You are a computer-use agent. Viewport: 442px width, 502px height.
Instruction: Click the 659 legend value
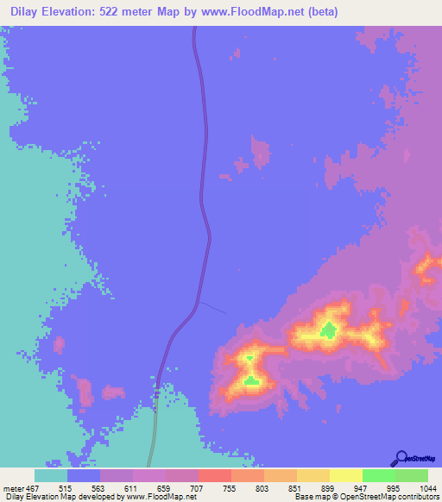(166, 487)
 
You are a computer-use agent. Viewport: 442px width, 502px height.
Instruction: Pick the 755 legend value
(231, 487)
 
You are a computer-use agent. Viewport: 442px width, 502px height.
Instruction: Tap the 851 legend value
(297, 487)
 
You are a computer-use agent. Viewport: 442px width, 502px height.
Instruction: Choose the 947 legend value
(363, 487)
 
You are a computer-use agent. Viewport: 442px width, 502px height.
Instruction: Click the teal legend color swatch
(50, 475)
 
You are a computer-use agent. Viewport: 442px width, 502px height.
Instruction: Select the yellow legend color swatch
(345, 475)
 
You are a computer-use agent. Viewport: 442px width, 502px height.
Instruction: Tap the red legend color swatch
(214, 475)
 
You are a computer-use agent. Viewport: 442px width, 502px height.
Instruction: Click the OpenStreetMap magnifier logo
(401, 458)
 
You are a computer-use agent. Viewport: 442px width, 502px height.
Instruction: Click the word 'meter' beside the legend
(12, 487)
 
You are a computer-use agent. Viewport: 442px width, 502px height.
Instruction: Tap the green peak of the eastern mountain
(328, 329)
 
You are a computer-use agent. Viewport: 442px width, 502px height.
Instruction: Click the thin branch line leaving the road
(214, 308)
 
